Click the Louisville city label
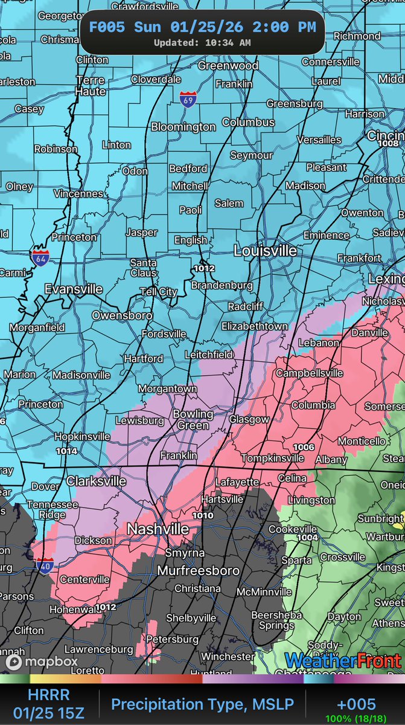click(265, 250)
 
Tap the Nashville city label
click(158, 529)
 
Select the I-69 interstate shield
click(188, 100)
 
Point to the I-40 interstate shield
click(46, 566)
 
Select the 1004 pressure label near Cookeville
click(307, 537)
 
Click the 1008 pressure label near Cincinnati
click(389, 144)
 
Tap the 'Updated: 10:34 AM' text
click(202, 43)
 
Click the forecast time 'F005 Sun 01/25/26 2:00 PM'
click(202, 27)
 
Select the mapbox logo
click(42, 662)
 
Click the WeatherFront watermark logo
click(343, 662)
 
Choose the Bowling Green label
click(193, 419)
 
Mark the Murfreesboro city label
click(198, 570)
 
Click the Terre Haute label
click(91, 86)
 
